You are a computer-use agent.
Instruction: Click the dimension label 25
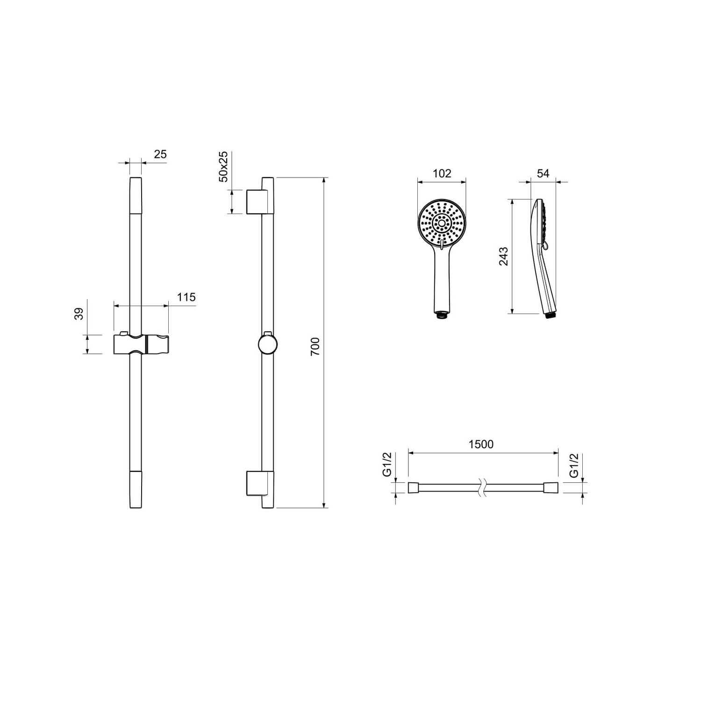click(160, 154)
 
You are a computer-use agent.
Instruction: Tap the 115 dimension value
click(186, 297)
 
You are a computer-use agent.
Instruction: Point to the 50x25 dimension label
click(223, 166)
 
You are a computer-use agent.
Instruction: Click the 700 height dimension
click(315, 346)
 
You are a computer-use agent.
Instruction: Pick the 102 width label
click(442, 173)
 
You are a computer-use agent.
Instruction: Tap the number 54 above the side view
click(543, 173)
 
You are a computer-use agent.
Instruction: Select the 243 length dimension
click(503, 257)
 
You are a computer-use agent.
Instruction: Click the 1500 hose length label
click(481, 444)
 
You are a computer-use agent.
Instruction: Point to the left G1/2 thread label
click(387, 465)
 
